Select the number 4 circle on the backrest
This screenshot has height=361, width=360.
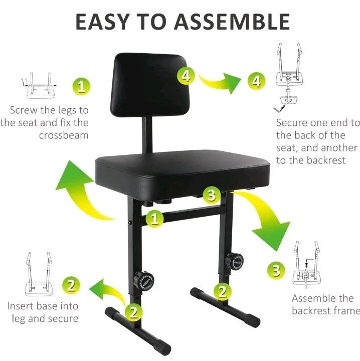pos(186,76)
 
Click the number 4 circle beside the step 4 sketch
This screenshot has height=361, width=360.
pos(257,81)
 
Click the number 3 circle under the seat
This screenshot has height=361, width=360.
pos(212,195)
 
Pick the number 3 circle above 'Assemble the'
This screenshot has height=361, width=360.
pos(276,270)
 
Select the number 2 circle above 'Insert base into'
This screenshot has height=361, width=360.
pos(71,286)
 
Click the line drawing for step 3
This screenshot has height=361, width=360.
pos(307,261)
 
